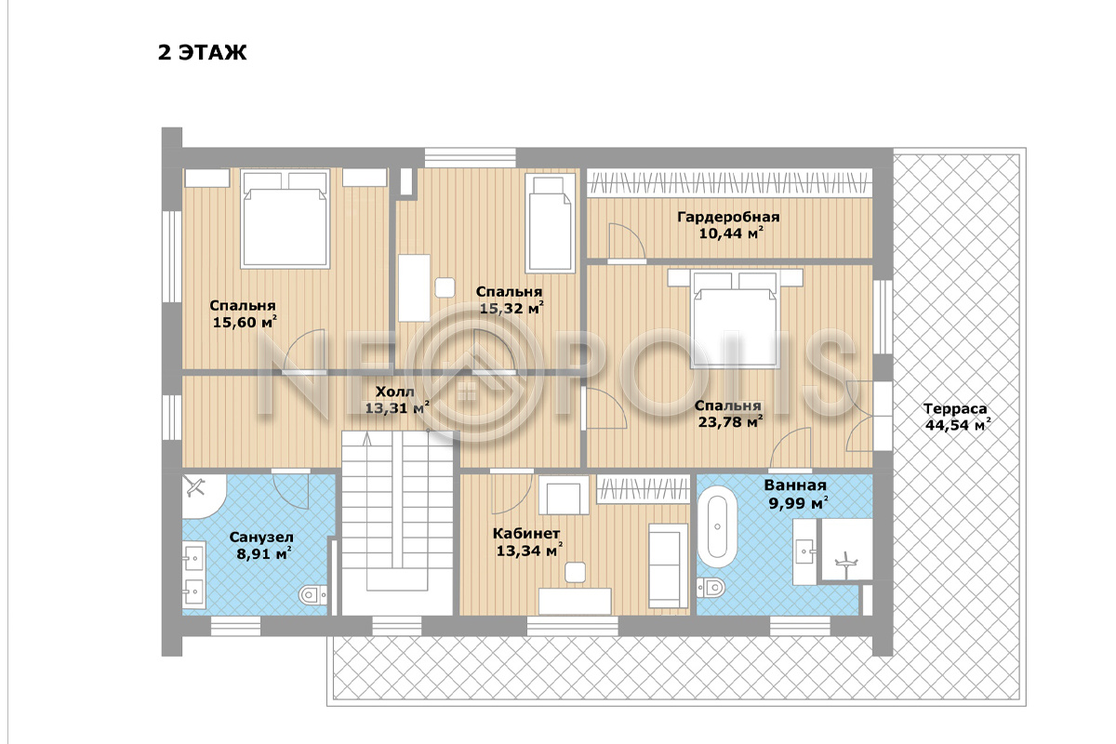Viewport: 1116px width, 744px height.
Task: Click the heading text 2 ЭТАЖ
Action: tap(203, 52)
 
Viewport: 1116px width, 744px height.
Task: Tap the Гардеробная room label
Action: tap(728, 217)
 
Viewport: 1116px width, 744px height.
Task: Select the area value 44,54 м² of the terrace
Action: tap(958, 425)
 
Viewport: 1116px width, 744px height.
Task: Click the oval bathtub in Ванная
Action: tap(717, 526)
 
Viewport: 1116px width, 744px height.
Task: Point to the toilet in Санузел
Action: tap(312, 594)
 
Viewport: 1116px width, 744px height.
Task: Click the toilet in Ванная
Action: tap(711, 588)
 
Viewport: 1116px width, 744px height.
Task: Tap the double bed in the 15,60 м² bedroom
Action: tap(285, 219)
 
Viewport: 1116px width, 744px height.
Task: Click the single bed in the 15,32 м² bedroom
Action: tap(550, 223)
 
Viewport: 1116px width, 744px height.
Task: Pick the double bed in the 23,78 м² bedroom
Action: tap(735, 319)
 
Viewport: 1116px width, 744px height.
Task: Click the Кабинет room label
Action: tap(526, 533)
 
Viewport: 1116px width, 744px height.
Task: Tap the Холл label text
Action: tap(394, 392)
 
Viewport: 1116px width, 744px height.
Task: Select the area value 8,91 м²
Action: tap(264, 553)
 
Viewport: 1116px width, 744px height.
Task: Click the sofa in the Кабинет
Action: tap(668, 565)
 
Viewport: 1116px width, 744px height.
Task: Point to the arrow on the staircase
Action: tap(367, 440)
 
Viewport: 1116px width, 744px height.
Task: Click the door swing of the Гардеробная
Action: tap(627, 242)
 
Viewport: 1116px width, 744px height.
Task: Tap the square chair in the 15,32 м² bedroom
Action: tap(445, 287)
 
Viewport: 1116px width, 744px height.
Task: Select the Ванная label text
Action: tap(795, 485)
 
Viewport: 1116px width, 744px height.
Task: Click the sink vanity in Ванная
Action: tap(804, 551)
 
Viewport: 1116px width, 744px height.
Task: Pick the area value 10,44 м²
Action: tap(731, 233)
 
